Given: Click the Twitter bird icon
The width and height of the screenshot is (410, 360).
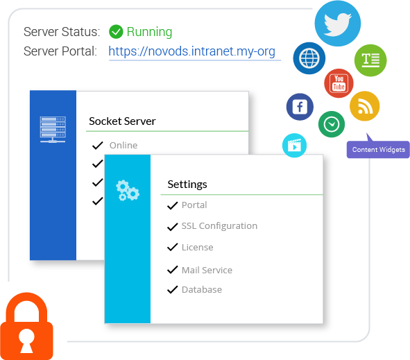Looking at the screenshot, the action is [338, 24].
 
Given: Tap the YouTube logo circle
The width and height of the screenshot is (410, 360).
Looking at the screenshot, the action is [339, 83].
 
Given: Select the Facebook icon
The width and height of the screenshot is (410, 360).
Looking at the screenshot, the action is [300, 107].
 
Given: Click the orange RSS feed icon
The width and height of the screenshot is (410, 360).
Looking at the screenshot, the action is [364, 106].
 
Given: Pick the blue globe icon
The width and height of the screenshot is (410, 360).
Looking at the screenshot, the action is [309, 58].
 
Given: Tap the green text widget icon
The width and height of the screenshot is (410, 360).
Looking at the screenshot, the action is [370, 60].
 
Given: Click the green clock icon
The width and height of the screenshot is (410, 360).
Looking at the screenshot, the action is [332, 124].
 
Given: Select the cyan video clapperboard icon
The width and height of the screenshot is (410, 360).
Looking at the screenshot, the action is [294, 146].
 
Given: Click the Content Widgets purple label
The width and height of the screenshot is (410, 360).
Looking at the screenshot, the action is [378, 150].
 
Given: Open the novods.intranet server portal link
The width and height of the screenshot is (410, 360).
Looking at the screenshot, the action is [192, 51].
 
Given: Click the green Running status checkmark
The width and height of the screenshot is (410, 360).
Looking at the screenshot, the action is [116, 32].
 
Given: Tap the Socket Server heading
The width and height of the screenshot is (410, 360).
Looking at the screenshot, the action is [122, 121].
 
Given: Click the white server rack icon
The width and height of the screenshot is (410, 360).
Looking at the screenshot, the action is [53, 130].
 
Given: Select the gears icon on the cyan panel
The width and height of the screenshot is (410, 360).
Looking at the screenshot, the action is [128, 191].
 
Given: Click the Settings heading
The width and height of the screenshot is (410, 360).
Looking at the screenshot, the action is [187, 185].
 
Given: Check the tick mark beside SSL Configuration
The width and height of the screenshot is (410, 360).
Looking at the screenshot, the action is [172, 226].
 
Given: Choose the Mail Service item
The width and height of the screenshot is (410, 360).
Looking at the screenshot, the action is [207, 270].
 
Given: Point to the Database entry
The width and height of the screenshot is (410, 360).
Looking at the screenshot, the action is [202, 290].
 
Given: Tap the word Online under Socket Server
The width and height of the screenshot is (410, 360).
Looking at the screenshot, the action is [123, 146].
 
